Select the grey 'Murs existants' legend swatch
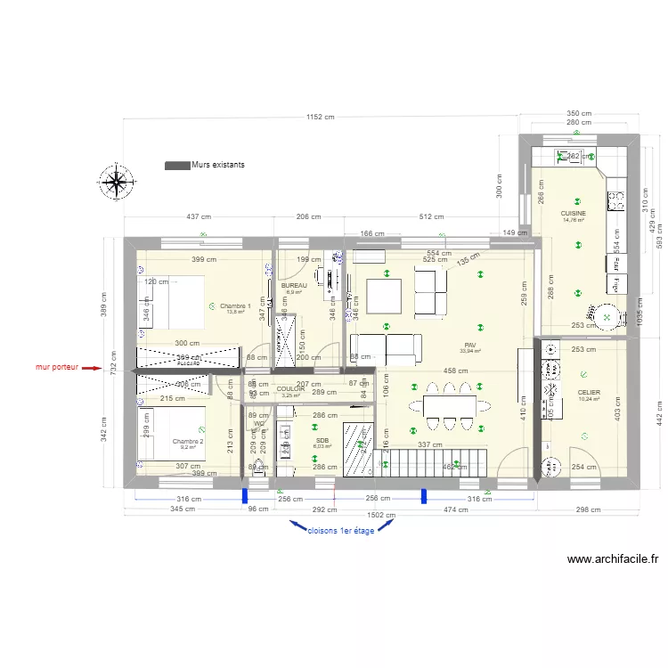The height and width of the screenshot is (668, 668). pos(177,165)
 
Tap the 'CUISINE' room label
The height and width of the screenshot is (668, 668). pos(573,214)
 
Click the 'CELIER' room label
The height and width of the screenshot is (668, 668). pos(588,393)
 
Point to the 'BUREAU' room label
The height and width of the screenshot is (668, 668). pos(293,285)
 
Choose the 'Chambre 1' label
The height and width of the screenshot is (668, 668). pos(235,305)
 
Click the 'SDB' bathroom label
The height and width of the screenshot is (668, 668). pos(322,439)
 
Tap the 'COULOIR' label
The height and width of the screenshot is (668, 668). pos(291,389)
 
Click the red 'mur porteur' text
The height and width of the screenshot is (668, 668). pos(57,366)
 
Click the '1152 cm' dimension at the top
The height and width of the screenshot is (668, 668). pos(320,116)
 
